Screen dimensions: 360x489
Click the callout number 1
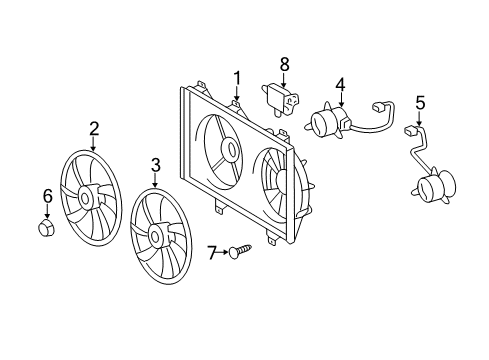tap(238, 77)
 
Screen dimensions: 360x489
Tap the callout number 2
tap(93, 127)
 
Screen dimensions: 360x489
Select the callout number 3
tap(155, 163)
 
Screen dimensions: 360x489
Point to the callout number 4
tap(340, 85)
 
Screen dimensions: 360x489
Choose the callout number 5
tap(420, 101)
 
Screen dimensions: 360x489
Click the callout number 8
tap(284, 63)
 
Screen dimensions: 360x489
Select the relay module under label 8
tap(279, 97)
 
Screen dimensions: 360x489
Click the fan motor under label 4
tap(326, 122)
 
